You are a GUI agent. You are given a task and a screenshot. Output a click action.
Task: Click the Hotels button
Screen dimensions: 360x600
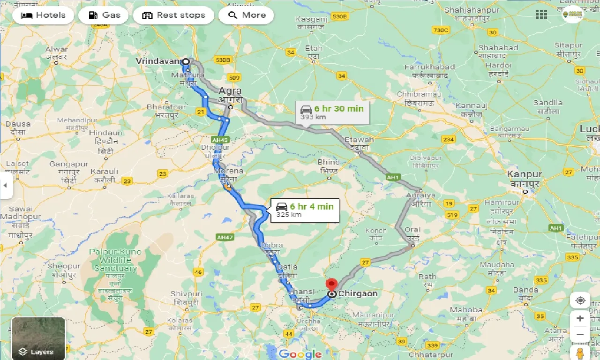(x=43, y=15)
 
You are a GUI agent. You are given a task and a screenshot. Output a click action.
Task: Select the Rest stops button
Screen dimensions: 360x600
(x=173, y=15)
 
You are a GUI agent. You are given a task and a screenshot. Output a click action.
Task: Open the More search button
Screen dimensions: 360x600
(x=247, y=15)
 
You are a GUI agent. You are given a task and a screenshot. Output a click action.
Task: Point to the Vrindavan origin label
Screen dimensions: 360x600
(x=157, y=61)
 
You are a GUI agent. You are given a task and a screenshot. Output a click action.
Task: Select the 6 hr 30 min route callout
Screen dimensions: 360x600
(x=332, y=112)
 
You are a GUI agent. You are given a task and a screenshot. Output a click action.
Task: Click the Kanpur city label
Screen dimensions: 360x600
(x=525, y=174)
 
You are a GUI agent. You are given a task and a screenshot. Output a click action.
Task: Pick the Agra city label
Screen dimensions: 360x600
(x=230, y=91)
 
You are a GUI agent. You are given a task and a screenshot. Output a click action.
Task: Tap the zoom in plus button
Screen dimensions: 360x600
(x=580, y=319)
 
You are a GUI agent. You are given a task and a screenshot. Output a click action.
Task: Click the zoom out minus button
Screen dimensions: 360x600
(x=580, y=335)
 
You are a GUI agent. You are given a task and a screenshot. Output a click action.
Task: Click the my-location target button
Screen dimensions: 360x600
(x=580, y=300)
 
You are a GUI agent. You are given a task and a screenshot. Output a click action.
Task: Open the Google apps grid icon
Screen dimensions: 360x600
(x=541, y=15)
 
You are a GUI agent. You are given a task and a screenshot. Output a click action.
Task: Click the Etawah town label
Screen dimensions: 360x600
(x=359, y=140)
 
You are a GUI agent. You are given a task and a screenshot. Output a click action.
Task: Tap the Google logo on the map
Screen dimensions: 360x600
(x=300, y=354)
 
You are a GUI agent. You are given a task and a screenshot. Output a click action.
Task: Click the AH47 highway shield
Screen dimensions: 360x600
(x=225, y=238)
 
